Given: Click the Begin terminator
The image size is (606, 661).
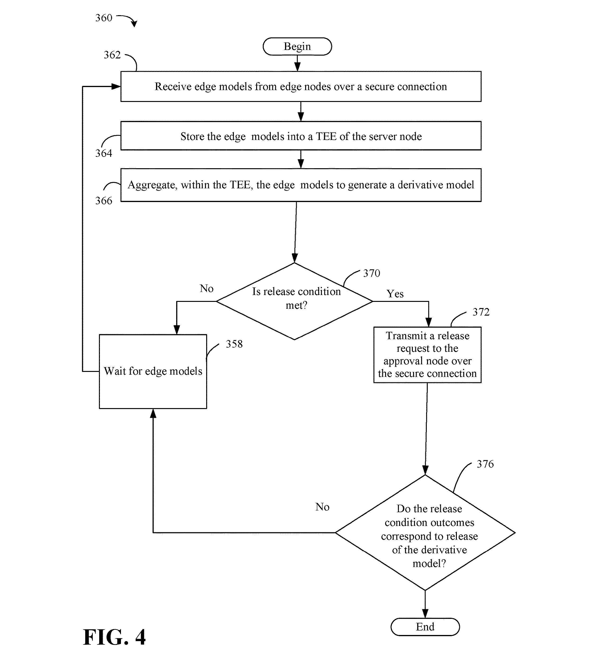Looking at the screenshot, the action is [297, 46].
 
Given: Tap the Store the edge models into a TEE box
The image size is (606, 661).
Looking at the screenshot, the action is [301, 136].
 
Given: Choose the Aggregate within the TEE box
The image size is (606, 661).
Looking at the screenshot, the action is [301, 185].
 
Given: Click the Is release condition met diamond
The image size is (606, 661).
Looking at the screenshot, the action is [295, 301].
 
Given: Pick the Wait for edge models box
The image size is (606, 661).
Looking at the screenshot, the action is [153, 371].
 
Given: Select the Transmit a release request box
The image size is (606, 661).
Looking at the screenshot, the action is [428, 355].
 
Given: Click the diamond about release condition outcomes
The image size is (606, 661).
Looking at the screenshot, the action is [425, 533].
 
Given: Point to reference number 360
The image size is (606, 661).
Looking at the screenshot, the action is [104, 18].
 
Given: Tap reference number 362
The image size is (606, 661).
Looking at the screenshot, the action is [112, 55].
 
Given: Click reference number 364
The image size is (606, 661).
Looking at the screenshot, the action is [104, 153].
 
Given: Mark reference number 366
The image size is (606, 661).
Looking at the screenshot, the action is [104, 201].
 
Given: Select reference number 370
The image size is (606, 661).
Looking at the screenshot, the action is [372, 273].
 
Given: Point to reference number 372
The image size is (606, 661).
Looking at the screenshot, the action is [481, 312].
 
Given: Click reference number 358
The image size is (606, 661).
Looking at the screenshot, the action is [234, 344].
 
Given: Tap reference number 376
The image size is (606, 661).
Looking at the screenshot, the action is [485, 464].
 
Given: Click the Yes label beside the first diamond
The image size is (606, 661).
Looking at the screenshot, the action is [395, 294].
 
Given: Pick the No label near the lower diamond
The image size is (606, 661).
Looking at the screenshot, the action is [322, 507].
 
